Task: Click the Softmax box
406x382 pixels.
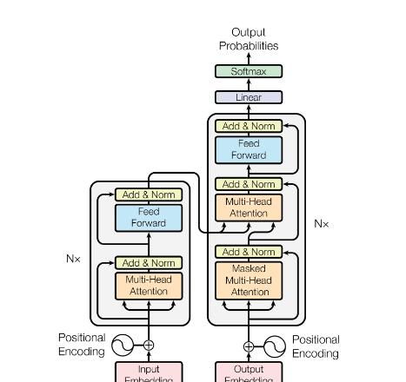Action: pos(249,71)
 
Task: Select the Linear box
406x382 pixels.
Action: pos(249,97)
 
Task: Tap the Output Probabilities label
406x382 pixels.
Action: pos(249,39)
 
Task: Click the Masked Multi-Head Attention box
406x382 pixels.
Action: pos(249,280)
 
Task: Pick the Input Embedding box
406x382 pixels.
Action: pos(149,372)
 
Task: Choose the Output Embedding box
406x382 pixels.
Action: pos(249,372)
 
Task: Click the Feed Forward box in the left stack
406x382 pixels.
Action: pos(149,217)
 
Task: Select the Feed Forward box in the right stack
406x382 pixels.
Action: pos(249,149)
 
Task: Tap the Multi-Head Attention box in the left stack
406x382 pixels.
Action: pos(149,286)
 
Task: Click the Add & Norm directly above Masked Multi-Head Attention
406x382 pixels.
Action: pos(249,252)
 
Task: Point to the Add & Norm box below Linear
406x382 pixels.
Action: pos(249,126)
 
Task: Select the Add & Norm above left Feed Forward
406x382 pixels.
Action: pos(149,194)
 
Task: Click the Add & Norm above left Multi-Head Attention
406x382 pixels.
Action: pos(149,262)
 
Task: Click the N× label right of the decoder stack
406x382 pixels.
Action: pos(322,224)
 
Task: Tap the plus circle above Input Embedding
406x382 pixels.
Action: pos(149,346)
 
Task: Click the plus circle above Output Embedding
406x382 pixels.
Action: pos(249,346)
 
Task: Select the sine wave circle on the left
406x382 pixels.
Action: pos(123,346)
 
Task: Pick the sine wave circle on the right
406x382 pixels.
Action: pos(275,346)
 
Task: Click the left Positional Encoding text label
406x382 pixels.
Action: pos(82,345)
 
